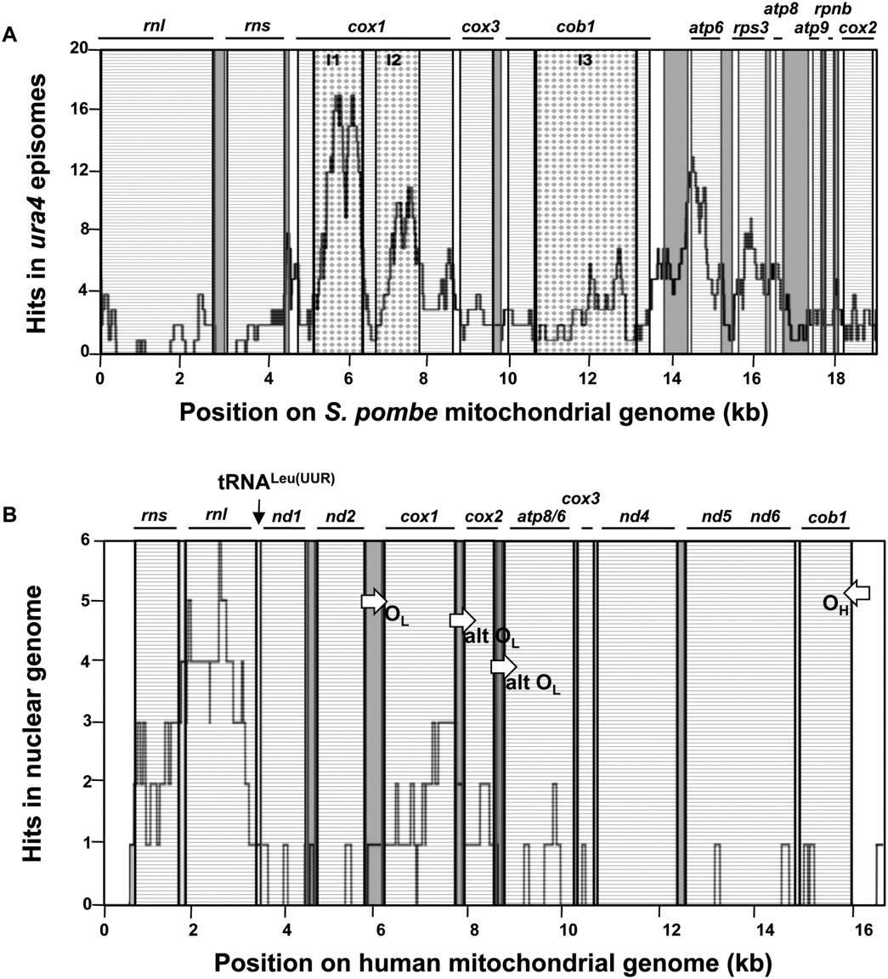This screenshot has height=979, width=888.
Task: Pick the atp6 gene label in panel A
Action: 705,27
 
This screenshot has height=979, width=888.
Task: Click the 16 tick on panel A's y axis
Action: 82,110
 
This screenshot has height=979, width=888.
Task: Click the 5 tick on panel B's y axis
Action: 88,601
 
